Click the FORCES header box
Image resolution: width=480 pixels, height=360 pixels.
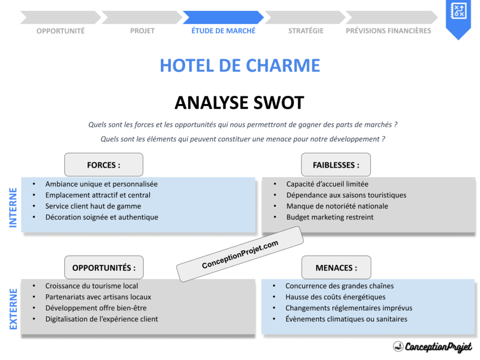tap(104, 165)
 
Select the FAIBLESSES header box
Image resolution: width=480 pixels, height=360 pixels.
tap(336, 165)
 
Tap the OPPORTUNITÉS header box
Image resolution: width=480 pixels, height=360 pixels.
tap(104, 268)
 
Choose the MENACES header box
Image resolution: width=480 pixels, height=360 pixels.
tap(336, 268)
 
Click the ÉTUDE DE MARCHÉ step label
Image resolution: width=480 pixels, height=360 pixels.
tap(223, 30)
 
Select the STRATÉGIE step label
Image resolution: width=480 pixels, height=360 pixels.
tap(306, 30)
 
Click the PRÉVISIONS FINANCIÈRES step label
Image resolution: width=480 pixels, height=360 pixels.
tap(388, 30)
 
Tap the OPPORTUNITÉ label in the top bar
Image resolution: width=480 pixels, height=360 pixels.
tap(60, 30)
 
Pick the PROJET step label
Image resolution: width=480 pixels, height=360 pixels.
tap(142, 30)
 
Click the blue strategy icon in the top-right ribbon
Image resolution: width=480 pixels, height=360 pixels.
tap(457, 11)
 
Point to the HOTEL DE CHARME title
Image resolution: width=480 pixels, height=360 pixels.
tap(240, 66)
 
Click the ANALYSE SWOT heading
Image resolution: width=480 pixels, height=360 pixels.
tap(240, 103)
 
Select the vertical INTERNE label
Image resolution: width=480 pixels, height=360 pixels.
tap(13, 207)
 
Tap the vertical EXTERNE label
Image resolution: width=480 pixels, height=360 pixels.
tap(13, 308)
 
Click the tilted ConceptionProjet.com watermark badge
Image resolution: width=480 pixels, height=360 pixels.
tap(240, 254)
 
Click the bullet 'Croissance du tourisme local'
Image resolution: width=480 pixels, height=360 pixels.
tap(91, 285)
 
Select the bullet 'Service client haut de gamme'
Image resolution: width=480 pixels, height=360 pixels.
tap(93, 206)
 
